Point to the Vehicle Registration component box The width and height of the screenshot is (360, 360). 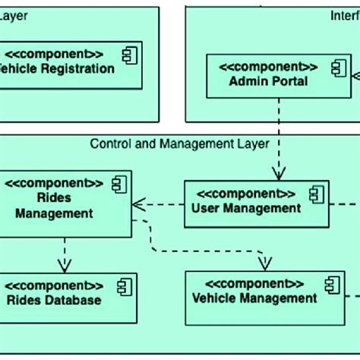[68, 65]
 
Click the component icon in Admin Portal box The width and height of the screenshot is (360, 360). [337, 68]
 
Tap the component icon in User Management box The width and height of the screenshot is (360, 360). [315, 194]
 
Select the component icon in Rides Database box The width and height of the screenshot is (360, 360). [122, 286]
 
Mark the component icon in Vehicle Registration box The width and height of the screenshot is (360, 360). [127, 54]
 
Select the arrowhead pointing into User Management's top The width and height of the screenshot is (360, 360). [279, 174]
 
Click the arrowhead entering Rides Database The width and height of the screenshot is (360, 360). [65, 266]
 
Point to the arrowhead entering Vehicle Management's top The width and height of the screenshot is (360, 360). [264, 263]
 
